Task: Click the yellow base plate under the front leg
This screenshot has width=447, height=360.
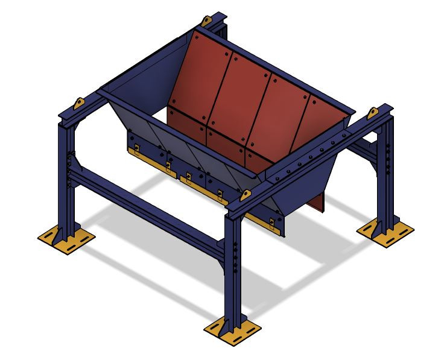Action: point(233,330)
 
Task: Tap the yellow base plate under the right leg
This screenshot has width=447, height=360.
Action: point(385,231)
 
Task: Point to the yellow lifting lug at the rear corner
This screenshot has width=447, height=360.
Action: point(206,22)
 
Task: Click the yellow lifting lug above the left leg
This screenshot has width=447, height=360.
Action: point(78,103)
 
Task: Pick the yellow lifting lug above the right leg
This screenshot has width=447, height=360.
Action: point(373,113)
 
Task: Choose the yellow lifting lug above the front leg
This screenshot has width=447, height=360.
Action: point(246,195)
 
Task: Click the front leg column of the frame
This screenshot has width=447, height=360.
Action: point(233,265)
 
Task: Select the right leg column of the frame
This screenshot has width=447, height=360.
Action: point(385,175)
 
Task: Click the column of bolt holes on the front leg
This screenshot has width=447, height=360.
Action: point(235,256)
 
